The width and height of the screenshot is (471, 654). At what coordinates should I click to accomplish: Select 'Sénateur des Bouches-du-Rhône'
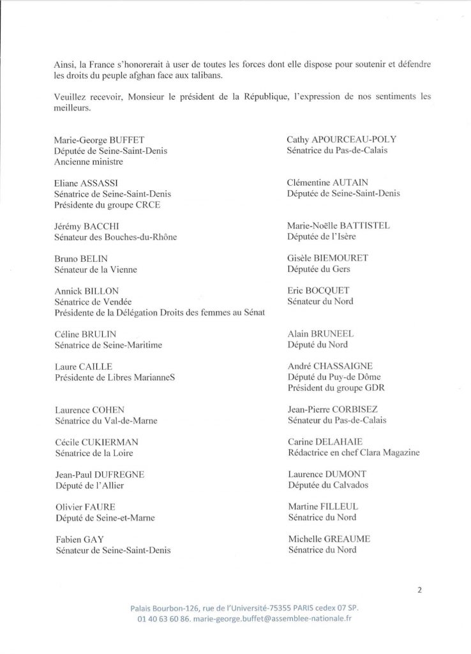[x=116, y=237]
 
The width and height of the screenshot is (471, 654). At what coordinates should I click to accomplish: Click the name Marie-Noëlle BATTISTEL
[x=348, y=225]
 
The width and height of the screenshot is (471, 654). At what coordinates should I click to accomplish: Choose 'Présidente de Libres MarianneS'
[x=115, y=377]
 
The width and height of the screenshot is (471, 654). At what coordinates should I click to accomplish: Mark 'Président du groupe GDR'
[x=336, y=388]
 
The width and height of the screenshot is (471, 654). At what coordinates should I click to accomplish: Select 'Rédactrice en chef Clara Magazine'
[x=354, y=453]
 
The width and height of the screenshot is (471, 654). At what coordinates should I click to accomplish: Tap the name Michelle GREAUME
[x=329, y=539]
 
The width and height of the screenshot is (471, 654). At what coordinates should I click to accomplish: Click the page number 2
[x=420, y=590]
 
